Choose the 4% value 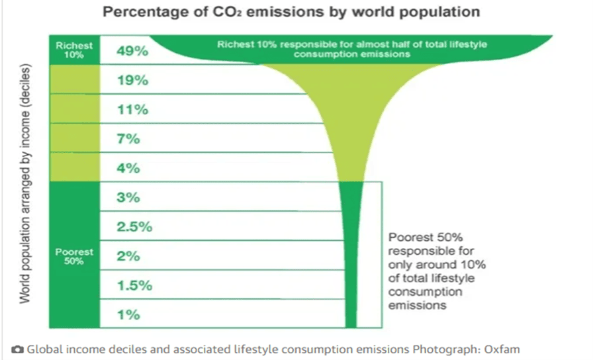128,168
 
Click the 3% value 128,198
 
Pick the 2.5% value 134,227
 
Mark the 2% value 128,256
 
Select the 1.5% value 134,286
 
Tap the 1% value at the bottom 128,315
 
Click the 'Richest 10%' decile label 74,50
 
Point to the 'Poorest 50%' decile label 74,256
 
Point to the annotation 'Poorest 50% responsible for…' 437,271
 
